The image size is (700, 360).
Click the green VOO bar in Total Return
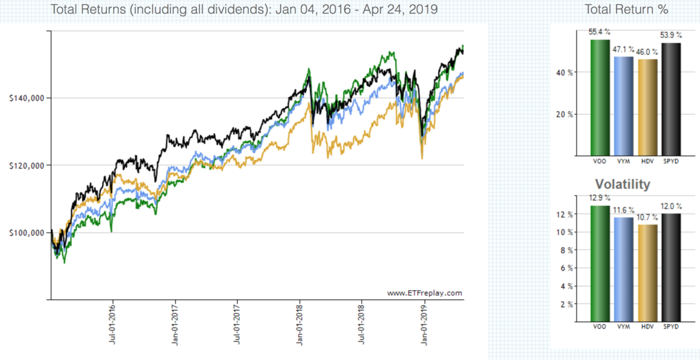pos(599,97)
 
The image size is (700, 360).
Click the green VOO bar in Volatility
pos(599,263)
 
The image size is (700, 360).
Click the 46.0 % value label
pos(647,53)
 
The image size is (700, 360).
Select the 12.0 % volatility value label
pos(671,207)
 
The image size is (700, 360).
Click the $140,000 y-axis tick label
pos(28,98)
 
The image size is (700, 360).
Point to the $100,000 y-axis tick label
pos(28,233)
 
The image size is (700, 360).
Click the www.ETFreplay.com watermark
pos(424,292)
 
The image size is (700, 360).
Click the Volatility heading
pos(622,184)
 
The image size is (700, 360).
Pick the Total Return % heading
pos(626,10)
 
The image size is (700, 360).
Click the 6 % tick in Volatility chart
pos(566,268)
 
